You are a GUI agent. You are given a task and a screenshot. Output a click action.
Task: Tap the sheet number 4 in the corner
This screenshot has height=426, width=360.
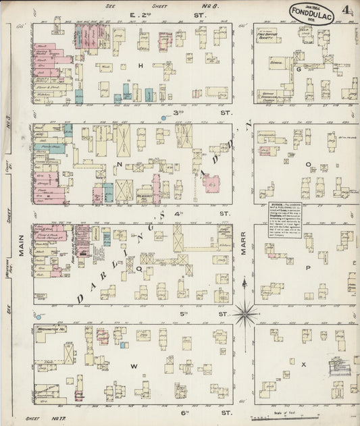coord(346,11)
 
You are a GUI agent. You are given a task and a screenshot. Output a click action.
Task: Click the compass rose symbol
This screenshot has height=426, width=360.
coord(247,312)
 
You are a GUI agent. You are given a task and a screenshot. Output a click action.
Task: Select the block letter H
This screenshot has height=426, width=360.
coord(141,65)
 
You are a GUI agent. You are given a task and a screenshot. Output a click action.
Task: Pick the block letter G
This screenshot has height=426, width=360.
coord(297,68)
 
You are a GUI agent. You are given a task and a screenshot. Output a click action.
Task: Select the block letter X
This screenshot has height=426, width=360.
coord(304,365)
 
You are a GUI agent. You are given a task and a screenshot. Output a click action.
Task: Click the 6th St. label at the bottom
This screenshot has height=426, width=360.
coord(211,411)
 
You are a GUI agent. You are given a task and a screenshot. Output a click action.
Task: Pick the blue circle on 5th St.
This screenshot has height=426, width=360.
coord(38,317)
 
